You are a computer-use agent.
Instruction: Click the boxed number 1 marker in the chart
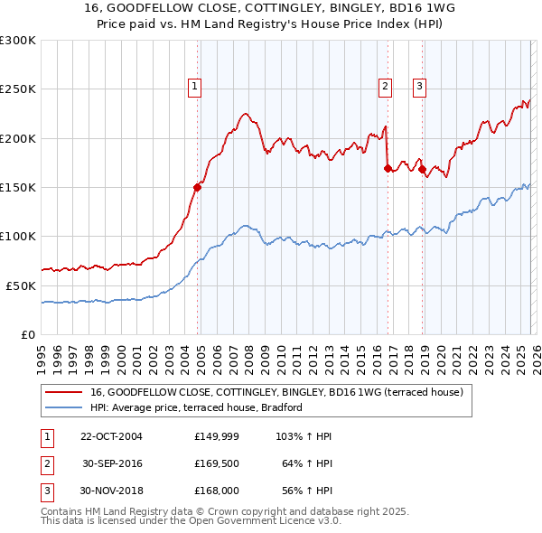[194, 87]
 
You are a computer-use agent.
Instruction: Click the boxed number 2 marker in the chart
[385, 87]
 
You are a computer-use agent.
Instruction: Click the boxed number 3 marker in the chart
[420, 87]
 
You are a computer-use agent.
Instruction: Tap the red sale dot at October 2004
[198, 187]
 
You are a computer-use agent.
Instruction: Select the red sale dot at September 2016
[388, 168]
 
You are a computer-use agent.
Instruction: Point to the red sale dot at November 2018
[422, 169]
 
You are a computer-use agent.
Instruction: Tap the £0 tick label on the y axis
[29, 334]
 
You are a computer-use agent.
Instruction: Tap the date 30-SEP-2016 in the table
[112, 464]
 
